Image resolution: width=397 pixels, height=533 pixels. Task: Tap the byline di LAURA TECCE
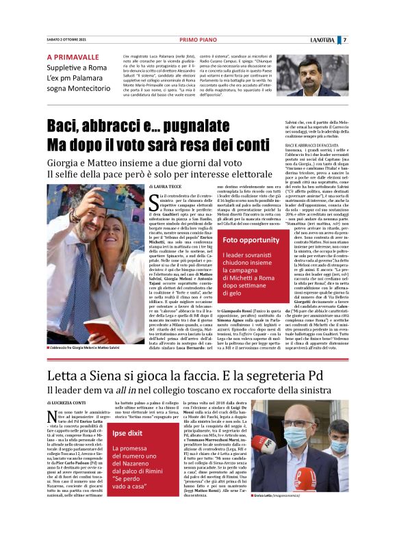click(166, 186)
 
